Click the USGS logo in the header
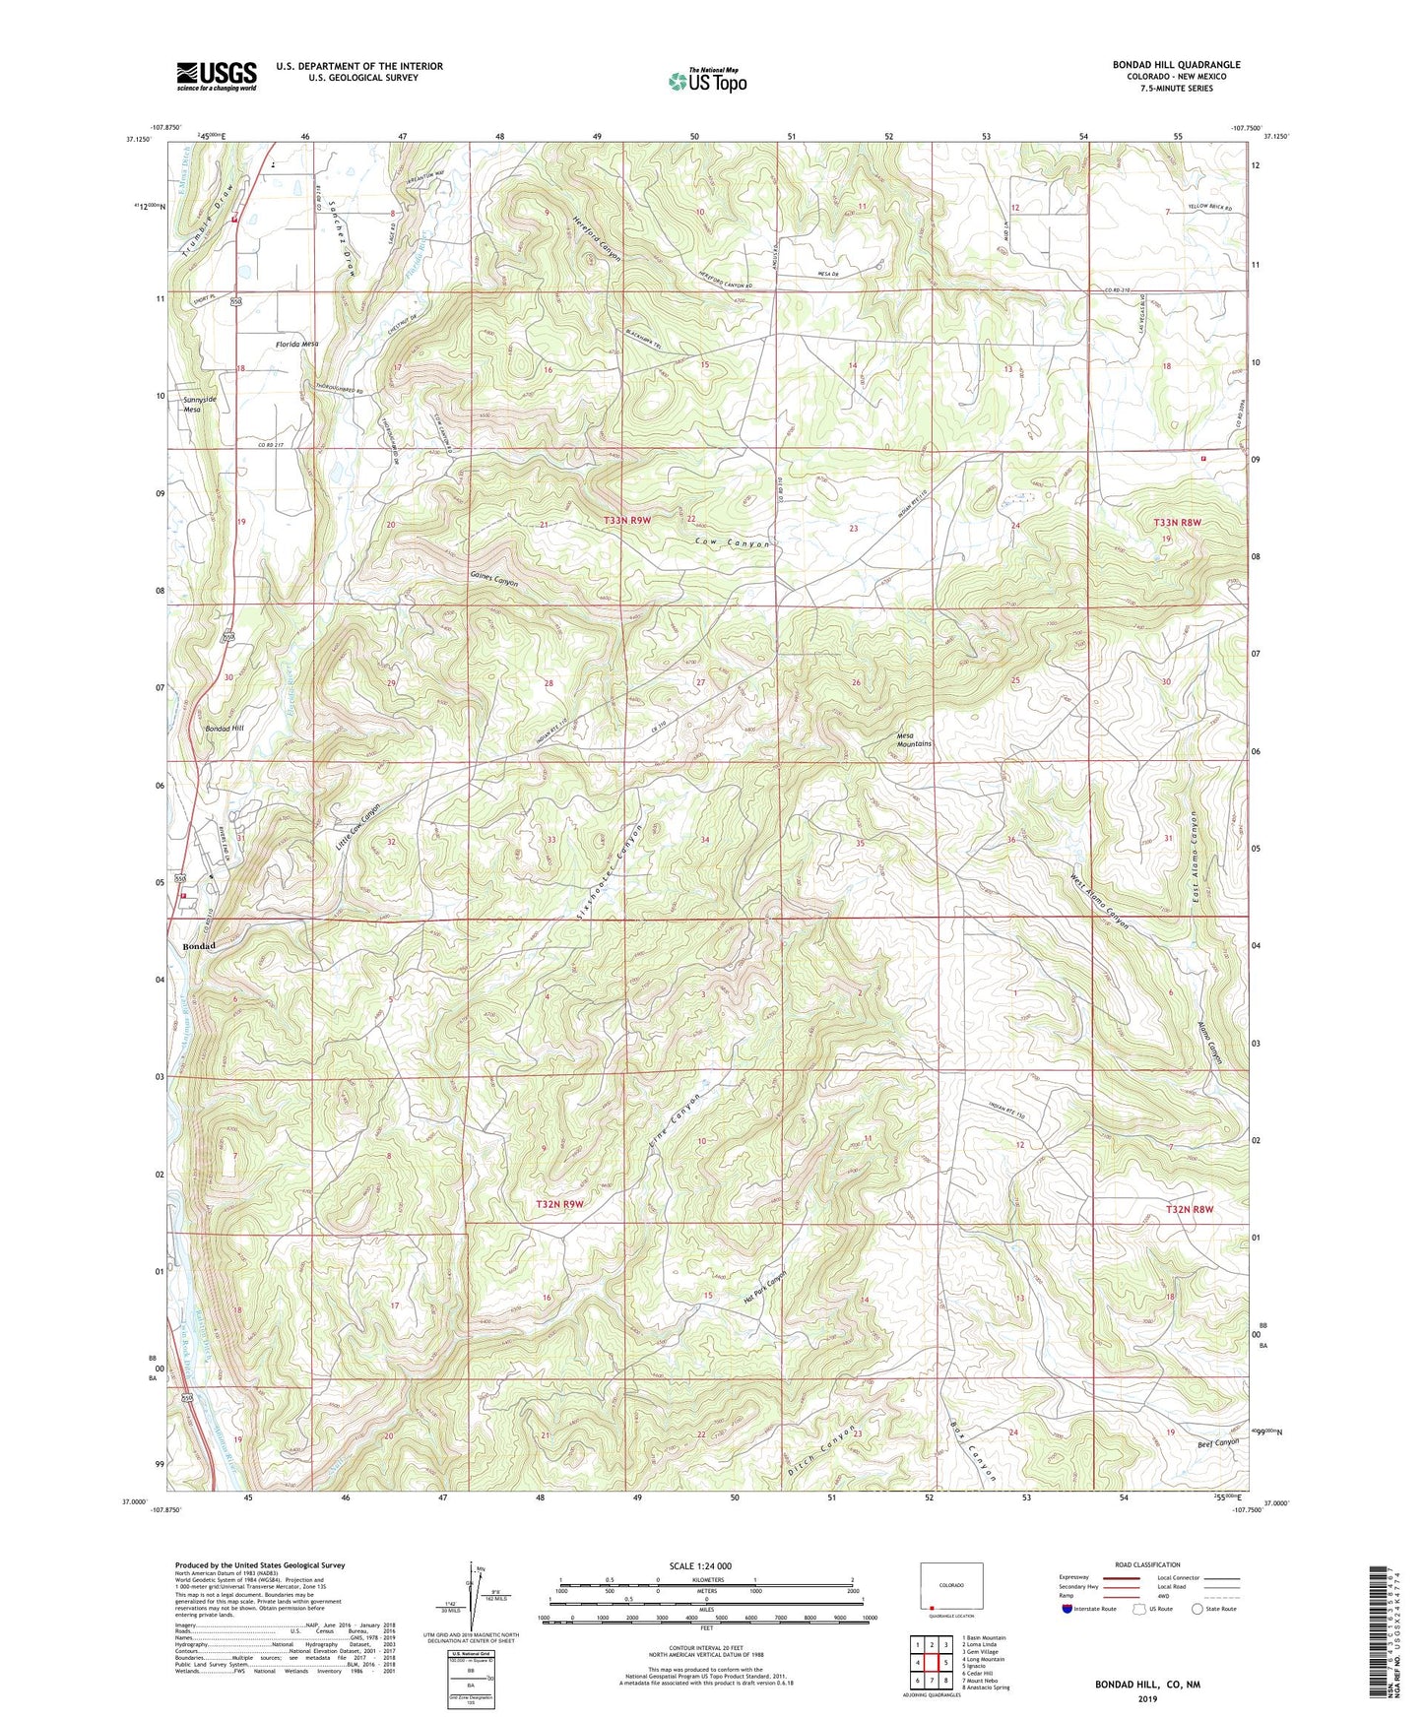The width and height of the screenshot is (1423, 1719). [x=216, y=76]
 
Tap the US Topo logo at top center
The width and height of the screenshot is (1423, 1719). [x=707, y=81]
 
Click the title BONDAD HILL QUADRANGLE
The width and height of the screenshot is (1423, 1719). [x=1176, y=65]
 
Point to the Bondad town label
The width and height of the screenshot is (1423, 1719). [x=198, y=946]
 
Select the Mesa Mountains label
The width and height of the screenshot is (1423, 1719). [x=913, y=739]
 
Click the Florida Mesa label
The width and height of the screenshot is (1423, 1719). [x=296, y=345]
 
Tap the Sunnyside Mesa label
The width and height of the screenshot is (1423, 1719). [x=199, y=405]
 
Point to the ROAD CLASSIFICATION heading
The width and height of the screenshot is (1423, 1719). [x=1148, y=1564]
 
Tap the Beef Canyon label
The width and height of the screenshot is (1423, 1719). [x=1218, y=1442]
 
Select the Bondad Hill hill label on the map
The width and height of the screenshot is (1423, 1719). [x=224, y=728]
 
